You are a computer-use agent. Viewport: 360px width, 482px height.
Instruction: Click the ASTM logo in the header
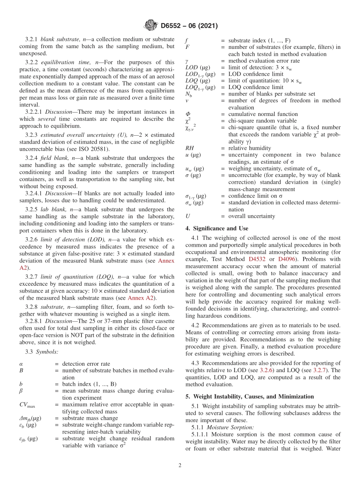[150, 26]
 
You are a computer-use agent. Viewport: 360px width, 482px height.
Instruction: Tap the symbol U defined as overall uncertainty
[188, 216]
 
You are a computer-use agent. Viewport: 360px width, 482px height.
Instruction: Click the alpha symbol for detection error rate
[21, 364]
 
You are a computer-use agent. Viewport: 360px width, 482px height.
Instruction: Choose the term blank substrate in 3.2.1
[55, 39]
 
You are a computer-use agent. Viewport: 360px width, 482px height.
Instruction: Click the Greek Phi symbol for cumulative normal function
[188, 114]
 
